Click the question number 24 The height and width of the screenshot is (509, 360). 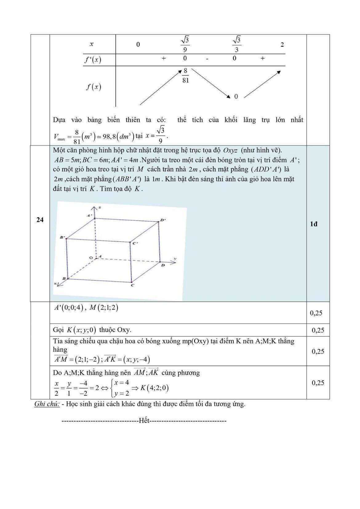coord(40,220)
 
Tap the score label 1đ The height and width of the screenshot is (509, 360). coord(314,224)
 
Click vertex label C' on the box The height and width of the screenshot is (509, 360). coord(135,243)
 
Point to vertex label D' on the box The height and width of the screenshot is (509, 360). coord(163,220)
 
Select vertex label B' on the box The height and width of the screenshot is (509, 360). coord(62,237)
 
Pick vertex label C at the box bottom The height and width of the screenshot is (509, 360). coord(132,285)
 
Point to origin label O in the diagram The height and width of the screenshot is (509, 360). coord(90,258)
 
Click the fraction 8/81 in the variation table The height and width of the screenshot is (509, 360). coord(185,76)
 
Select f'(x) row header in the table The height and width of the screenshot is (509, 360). coord(93,60)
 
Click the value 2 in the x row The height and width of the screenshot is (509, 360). coord(282,44)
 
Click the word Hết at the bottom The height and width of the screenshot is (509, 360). coord(144,420)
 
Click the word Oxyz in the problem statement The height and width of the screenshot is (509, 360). coord(230,150)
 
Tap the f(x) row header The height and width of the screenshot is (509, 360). coord(94,87)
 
